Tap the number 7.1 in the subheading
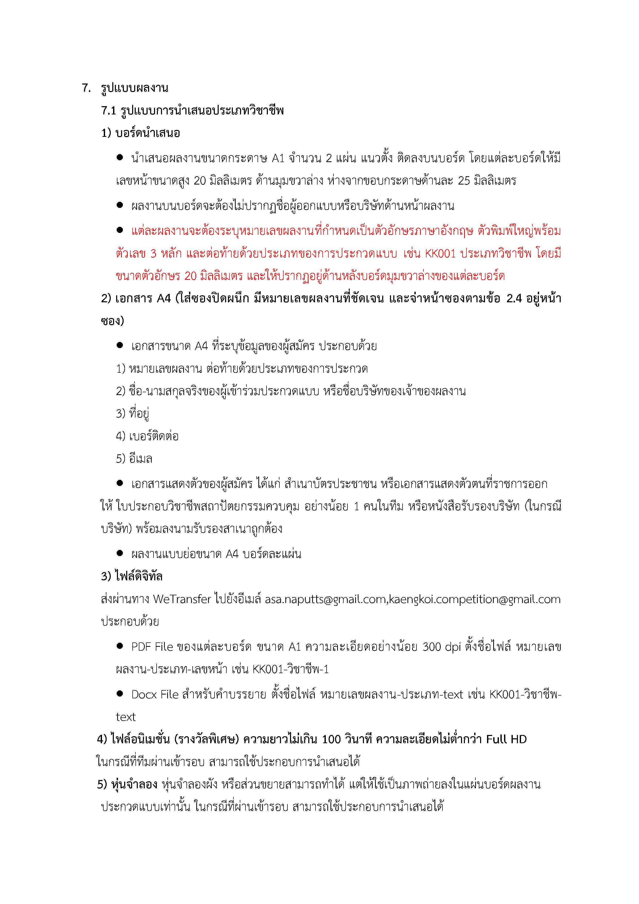coord(109,111)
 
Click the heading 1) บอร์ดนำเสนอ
coord(140,133)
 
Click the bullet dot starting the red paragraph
coord(120,230)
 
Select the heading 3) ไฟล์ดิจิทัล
coord(132,576)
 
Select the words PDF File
coord(152,647)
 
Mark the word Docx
coord(144,694)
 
